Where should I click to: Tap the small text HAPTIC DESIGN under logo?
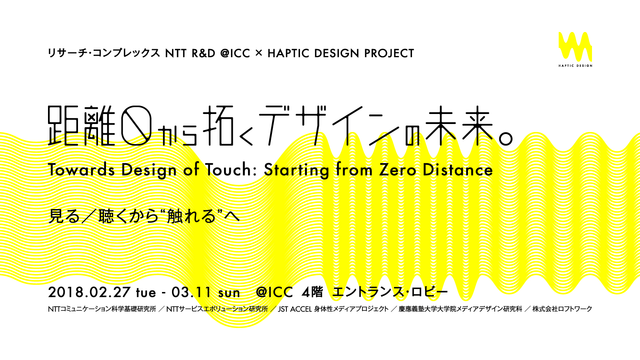point(576,66)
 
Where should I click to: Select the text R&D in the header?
point(204,54)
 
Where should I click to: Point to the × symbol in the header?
point(258,53)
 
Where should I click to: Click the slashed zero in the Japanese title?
point(136,126)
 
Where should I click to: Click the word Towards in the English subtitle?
point(82,170)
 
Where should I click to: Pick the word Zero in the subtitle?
point(398,170)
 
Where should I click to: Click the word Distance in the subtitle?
point(458,170)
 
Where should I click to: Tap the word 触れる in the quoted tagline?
point(191,216)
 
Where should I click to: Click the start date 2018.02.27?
point(90,292)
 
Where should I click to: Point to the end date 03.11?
point(192,292)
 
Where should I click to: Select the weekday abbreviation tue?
point(146,293)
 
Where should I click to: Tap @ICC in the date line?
point(274,292)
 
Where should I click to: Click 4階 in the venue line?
point(312,292)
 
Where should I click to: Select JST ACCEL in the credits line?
point(294,309)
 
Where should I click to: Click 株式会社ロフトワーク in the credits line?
point(562,309)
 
